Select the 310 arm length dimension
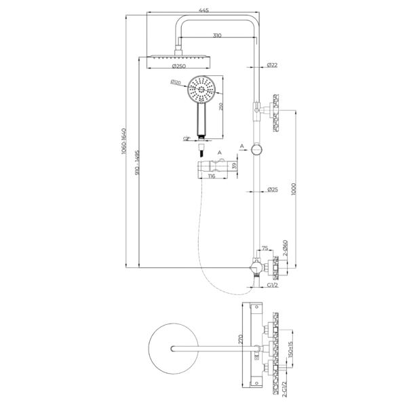point(216,35)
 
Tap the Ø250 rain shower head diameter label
point(178,66)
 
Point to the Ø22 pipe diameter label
point(272,65)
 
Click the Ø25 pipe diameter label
point(272,189)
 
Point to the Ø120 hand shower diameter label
point(176,83)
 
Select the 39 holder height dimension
point(235,166)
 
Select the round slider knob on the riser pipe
point(256,149)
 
